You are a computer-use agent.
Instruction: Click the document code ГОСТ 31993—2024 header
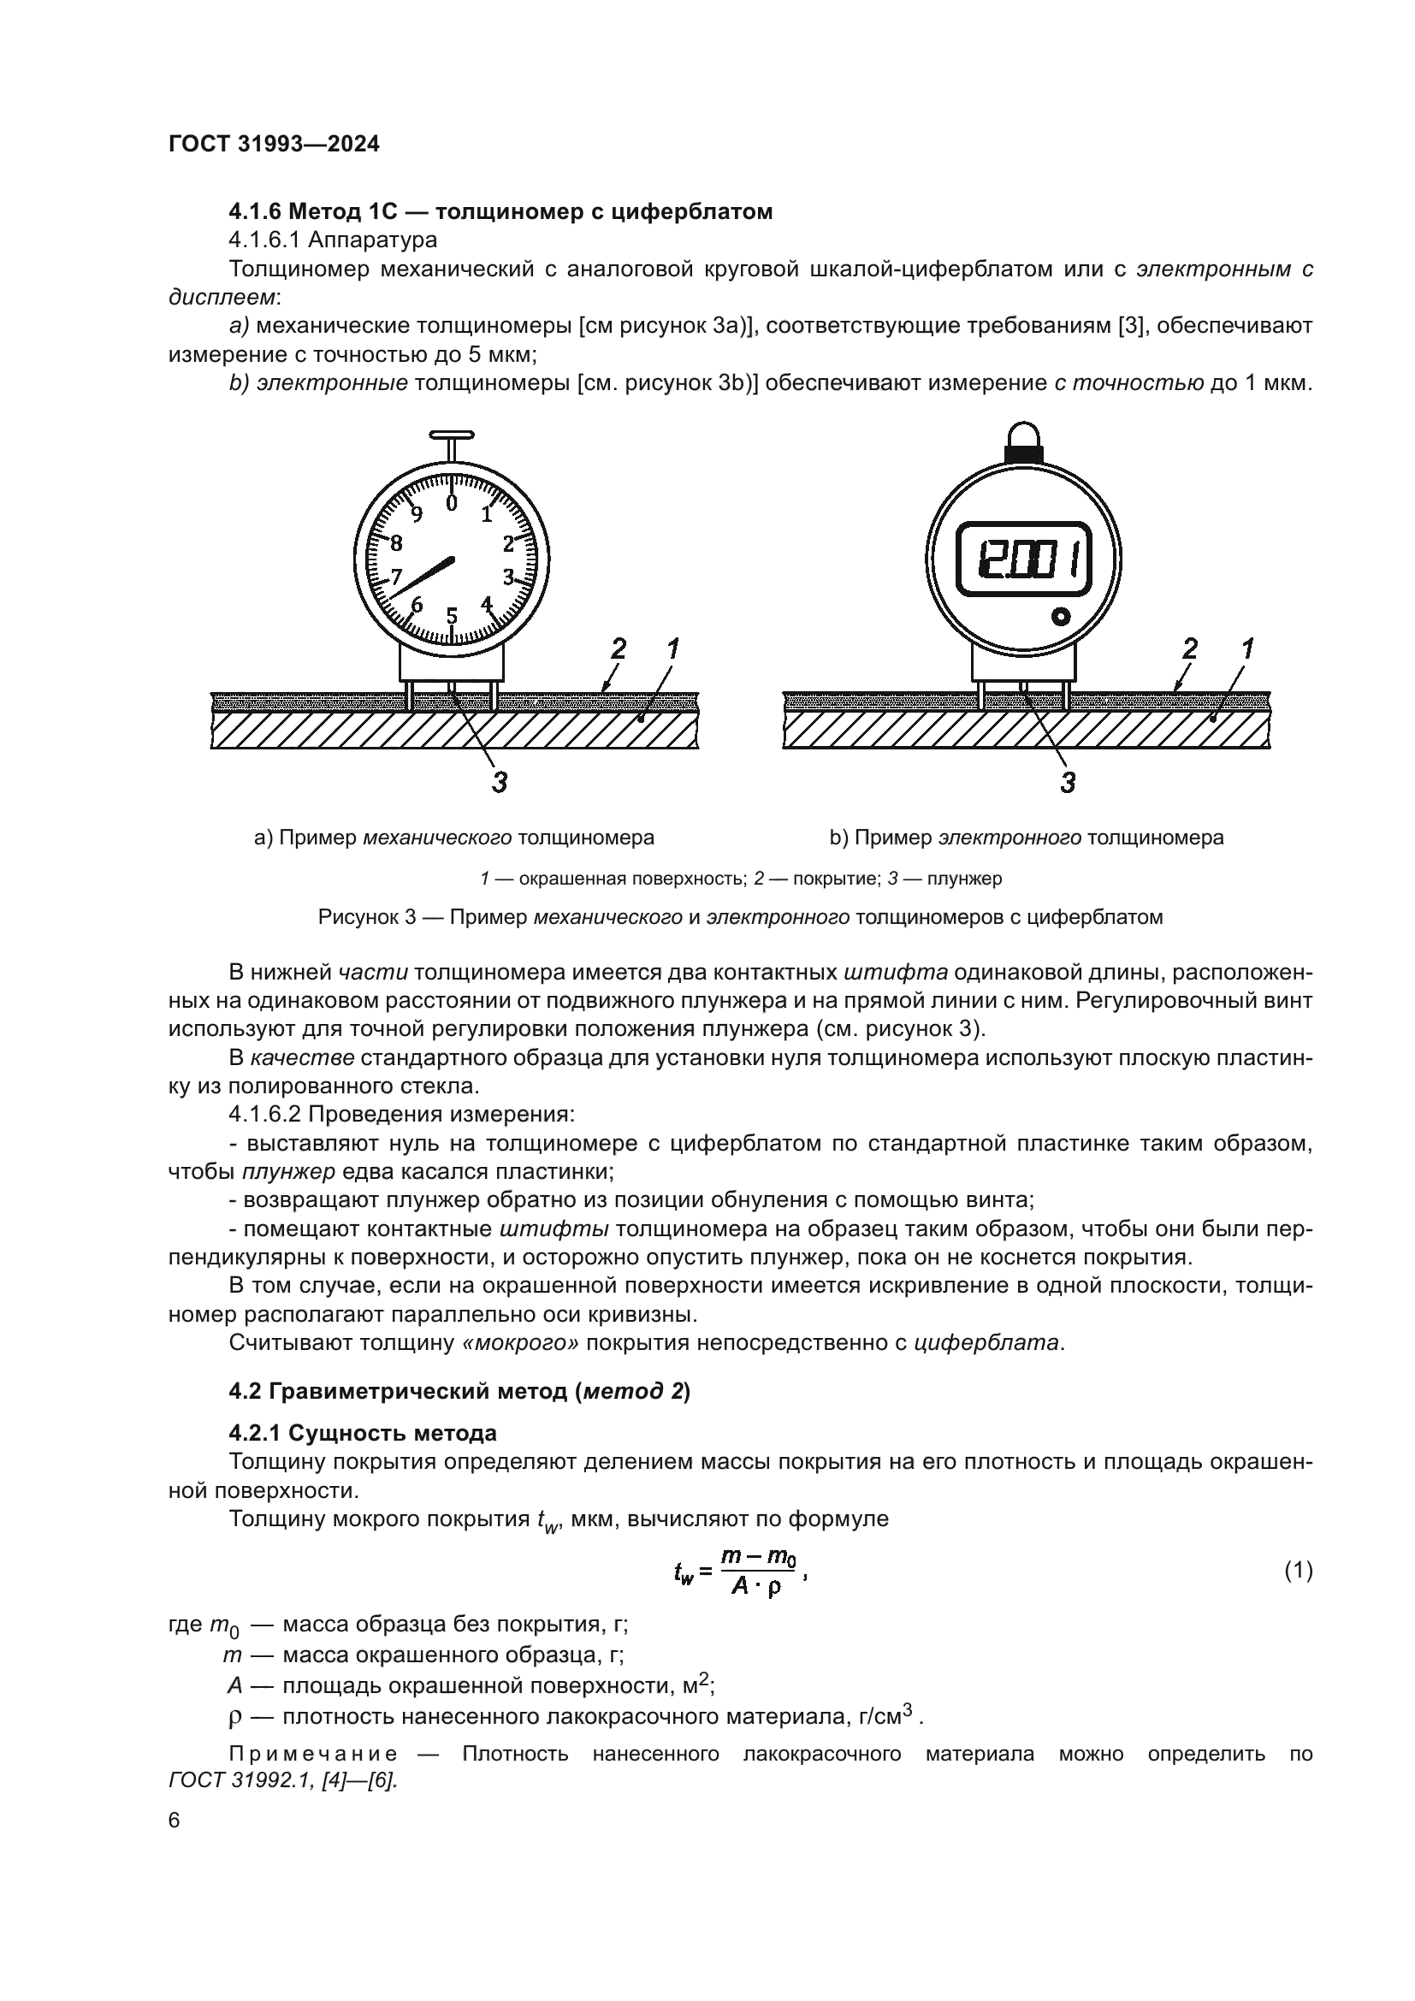274,145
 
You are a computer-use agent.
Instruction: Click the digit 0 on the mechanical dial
451,504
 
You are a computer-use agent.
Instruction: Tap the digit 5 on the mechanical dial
452,616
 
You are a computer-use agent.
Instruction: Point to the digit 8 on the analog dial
396,544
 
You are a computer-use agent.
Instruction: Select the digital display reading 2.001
1024,559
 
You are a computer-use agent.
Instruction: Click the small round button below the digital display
1060,616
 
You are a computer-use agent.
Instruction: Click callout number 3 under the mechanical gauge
499,783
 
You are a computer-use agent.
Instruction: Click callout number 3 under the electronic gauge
1068,783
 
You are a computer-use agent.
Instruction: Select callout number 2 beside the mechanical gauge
618,648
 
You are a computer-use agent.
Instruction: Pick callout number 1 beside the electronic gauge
1246,648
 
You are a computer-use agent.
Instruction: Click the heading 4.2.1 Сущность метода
363,1433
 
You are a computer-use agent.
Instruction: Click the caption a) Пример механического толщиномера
454,838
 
